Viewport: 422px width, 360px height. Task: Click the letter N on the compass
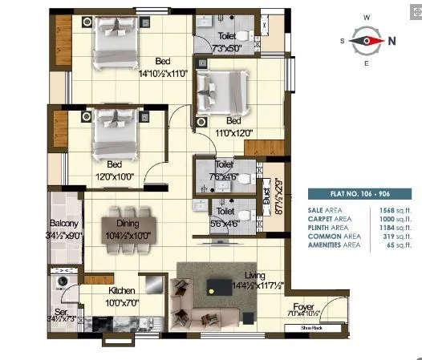click(x=392, y=39)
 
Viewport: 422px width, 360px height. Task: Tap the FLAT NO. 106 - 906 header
click(x=359, y=193)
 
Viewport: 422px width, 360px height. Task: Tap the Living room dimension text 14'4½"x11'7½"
click(x=238, y=284)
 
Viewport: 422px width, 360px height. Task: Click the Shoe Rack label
click(x=310, y=327)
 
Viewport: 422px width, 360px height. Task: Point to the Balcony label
click(x=63, y=224)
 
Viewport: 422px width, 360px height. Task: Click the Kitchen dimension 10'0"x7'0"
click(x=123, y=302)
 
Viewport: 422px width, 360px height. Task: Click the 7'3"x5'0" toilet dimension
click(x=225, y=49)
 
